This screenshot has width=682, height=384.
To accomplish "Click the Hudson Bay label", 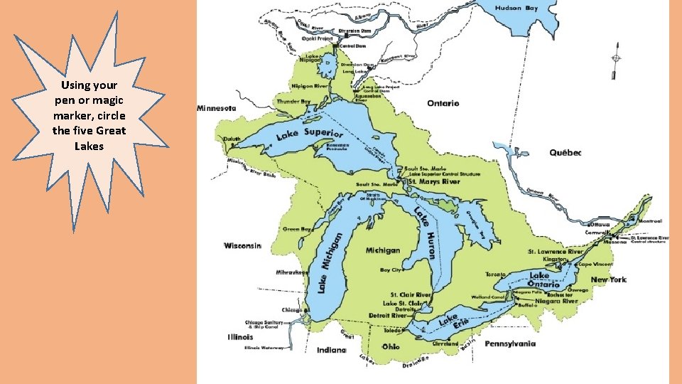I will tap(521, 8).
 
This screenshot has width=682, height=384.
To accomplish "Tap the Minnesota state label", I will tap(216, 109).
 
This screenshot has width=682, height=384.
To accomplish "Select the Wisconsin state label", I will tap(243, 245).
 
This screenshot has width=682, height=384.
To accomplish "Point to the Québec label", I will tap(565, 153).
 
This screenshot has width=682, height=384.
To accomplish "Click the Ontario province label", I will tap(443, 103).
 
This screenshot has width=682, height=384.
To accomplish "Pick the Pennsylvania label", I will tap(510, 343).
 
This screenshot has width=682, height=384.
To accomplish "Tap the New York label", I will tap(608, 279).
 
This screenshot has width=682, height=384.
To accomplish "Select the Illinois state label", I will tap(240, 336).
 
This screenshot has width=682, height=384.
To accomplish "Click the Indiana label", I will tap(331, 349).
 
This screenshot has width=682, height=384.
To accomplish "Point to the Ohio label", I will tap(391, 346).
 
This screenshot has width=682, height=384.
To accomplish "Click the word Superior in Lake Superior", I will tap(323, 133).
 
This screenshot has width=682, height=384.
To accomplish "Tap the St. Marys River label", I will tap(433, 181).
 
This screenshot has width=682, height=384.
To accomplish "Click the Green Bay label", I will tap(296, 229).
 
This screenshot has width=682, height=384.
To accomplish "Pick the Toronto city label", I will tap(495, 274).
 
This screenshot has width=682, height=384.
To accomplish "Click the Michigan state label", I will tap(383, 250).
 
